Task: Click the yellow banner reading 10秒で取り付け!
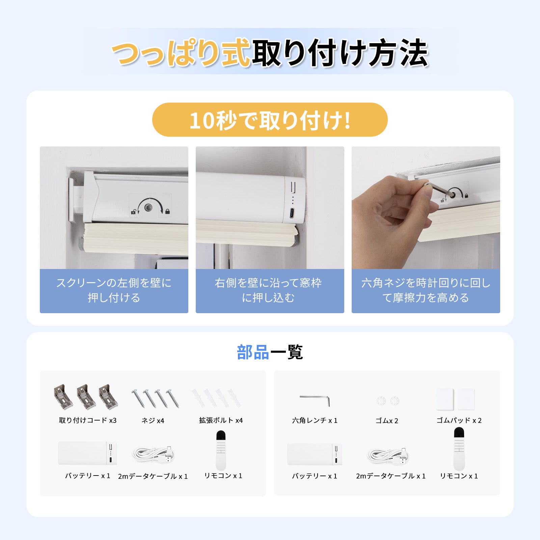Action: [270, 119]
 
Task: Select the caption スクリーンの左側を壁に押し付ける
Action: [114, 290]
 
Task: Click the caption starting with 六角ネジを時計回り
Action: [426, 290]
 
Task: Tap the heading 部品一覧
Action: [270, 352]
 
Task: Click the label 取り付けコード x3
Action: [88, 420]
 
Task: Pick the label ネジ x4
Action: [153, 421]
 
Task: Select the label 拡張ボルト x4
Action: [221, 420]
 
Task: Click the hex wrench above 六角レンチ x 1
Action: [315, 400]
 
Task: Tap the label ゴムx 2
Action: [387, 421]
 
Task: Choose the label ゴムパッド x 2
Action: [459, 420]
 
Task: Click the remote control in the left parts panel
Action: [221, 450]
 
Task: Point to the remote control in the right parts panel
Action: [459, 449]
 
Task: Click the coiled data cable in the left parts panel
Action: [154, 455]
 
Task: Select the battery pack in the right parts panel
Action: [315, 454]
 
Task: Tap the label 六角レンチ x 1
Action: [315, 420]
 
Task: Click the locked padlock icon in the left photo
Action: [168, 212]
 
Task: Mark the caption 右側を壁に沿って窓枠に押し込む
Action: [268, 290]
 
